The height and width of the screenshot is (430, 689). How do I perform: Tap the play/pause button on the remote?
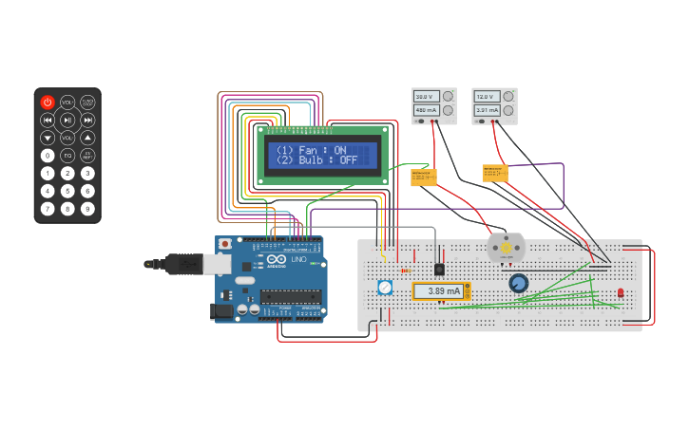[67, 120]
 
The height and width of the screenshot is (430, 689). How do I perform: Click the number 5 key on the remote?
[67, 190]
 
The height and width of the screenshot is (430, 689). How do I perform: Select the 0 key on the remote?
[48, 155]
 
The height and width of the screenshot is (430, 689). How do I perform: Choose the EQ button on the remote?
[67, 155]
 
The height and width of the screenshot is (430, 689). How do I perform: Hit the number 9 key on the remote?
[87, 208]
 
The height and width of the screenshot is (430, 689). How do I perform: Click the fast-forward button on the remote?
[87, 120]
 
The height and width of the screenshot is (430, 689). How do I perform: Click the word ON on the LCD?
[340, 150]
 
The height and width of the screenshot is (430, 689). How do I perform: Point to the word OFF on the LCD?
[348, 160]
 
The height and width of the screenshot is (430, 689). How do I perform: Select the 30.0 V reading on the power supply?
[424, 97]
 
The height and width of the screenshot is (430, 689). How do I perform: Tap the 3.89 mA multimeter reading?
[443, 291]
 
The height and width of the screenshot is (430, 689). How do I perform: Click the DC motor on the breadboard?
[506, 248]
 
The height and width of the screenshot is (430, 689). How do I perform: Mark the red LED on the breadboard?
[621, 293]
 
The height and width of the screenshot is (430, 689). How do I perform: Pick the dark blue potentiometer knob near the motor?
[519, 283]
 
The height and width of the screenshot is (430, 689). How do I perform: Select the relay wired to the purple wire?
[495, 173]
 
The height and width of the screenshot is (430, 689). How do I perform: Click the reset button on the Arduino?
[224, 244]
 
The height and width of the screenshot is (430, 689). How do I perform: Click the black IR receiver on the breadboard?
[439, 269]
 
